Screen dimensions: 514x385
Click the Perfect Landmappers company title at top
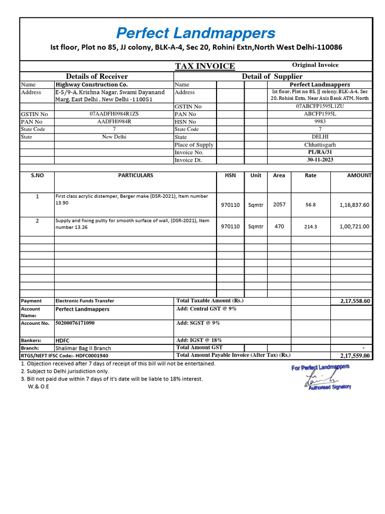[x=196, y=34]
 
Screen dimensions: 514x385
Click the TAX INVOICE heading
[x=205, y=66]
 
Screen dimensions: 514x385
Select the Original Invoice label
[x=315, y=65]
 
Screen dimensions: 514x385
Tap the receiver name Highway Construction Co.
[x=91, y=85]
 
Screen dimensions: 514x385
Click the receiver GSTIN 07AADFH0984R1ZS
[x=114, y=114]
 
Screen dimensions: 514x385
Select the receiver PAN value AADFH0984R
[x=114, y=121]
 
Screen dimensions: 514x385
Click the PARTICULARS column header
[x=135, y=176]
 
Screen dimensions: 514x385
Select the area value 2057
[x=279, y=204]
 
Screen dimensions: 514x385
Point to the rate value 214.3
[x=311, y=227]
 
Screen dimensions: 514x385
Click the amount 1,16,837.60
[x=354, y=205]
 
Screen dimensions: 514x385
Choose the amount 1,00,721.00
[x=354, y=226]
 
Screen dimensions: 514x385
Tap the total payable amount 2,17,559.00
[x=354, y=355]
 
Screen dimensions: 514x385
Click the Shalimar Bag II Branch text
[x=83, y=348]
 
